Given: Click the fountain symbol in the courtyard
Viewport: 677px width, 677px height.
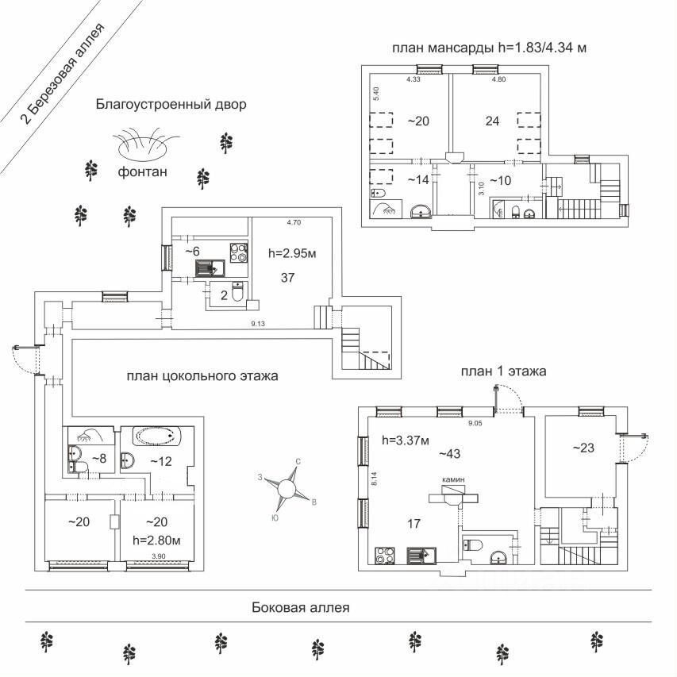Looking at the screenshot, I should (145, 145).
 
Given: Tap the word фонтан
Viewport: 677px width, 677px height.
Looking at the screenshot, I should (143, 172).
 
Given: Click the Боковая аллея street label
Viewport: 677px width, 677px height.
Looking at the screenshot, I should (300, 608).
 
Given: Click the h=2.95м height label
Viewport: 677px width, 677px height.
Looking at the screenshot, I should (291, 254).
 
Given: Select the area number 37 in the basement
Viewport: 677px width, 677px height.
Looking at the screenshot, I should (289, 277).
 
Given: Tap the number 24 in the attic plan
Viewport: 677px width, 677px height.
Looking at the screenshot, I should (492, 121).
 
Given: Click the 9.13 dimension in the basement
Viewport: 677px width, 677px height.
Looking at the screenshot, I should (258, 323).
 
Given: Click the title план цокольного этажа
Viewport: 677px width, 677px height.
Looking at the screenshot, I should (202, 376).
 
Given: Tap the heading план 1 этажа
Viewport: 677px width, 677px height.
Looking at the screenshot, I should (503, 371).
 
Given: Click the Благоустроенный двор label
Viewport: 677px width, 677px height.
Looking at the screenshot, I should (171, 104).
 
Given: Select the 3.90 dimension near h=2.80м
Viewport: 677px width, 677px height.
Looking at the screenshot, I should (160, 556).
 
